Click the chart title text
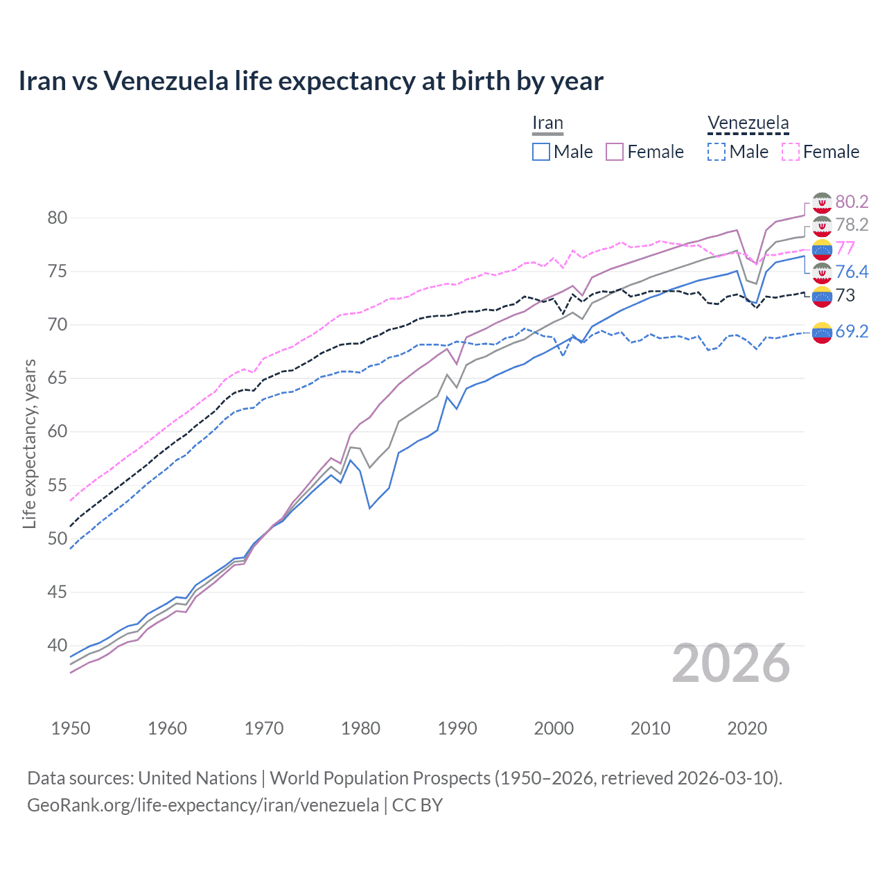coord(310,81)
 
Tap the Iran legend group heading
coord(547,123)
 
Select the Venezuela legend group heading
coord(748,123)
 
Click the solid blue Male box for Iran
coord(541,152)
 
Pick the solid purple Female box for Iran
coord(615,152)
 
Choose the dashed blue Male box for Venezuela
coord(717,152)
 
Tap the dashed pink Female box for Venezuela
coord(791,152)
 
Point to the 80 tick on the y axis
coord(57,218)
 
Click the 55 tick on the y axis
coord(57,485)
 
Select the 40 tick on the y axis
coord(57,645)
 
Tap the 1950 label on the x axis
coord(71,728)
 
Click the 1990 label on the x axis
coord(457,728)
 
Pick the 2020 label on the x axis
coord(747,728)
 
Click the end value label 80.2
coord(852,202)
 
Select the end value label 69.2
coord(852,331)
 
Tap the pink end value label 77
coord(845,248)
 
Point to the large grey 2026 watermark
coord(731,663)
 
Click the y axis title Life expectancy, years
coord(29,443)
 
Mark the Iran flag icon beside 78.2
coord(822,225)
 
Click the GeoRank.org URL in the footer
coord(202,805)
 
